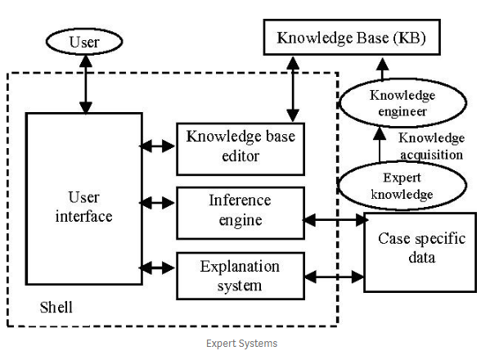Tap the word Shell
[x=56, y=307]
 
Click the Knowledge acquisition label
[x=431, y=146]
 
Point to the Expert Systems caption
[x=242, y=343]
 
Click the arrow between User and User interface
[x=86, y=84]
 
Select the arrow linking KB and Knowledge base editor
[x=293, y=89]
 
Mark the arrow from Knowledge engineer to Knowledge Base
[x=383, y=69]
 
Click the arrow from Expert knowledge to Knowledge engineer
[x=380, y=144]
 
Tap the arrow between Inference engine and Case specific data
[x=335, y=220]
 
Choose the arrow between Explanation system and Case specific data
[x=334, y=277]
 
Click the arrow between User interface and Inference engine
[x=157, y=203]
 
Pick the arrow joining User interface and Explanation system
[x=157, y=268]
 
